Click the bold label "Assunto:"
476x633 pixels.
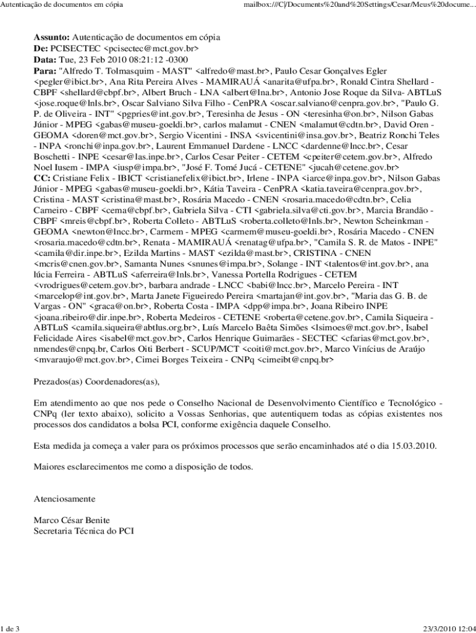pos(52,37)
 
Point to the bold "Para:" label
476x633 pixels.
pos(45,70)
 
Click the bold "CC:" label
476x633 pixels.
pos(42,177)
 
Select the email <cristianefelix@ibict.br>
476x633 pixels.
pos(196,177)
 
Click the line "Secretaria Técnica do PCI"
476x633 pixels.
pos(83,530)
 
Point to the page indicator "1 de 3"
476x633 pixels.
pos(11,629)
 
